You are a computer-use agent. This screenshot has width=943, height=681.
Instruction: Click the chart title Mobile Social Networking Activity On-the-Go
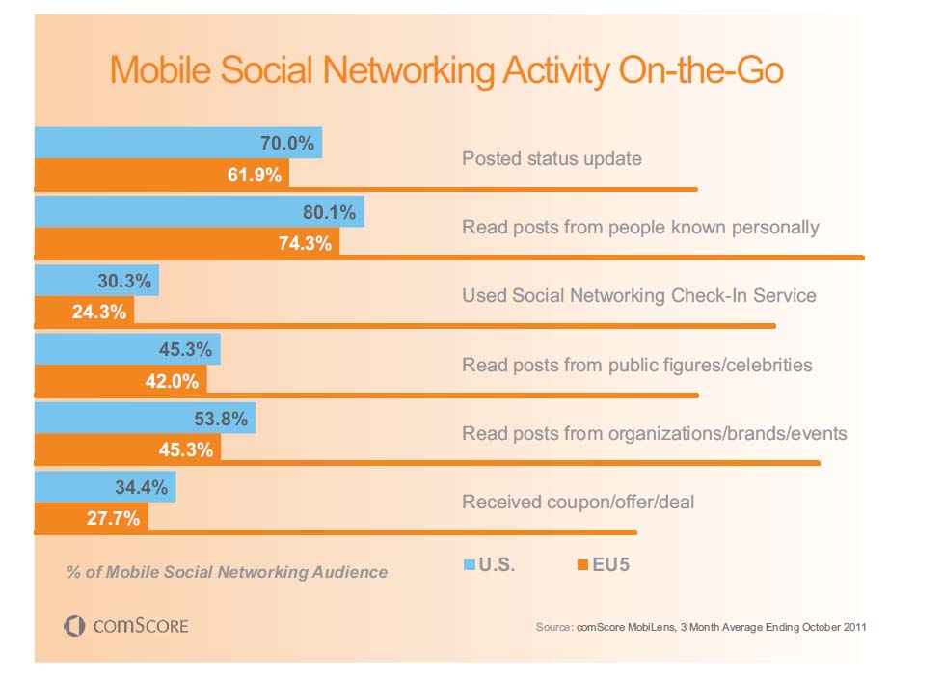[446, 70]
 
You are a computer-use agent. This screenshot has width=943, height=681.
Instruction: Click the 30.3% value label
[124, 282]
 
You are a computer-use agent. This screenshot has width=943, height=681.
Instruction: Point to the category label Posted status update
[552, 158]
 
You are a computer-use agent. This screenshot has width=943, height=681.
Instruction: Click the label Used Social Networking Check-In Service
[638, 295]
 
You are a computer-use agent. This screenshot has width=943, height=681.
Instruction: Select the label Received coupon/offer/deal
[578, 502]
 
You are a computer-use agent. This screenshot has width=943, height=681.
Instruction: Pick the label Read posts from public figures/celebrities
[636, 365]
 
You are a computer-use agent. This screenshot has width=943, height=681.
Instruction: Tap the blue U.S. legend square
[470, 565]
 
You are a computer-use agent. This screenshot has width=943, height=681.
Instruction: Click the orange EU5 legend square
[582, 565]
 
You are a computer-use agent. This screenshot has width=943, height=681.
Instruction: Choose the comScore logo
[126, 627]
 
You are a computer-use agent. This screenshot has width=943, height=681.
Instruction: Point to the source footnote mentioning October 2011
[701, 628]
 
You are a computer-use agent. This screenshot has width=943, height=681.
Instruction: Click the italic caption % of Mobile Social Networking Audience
[227, 572]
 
